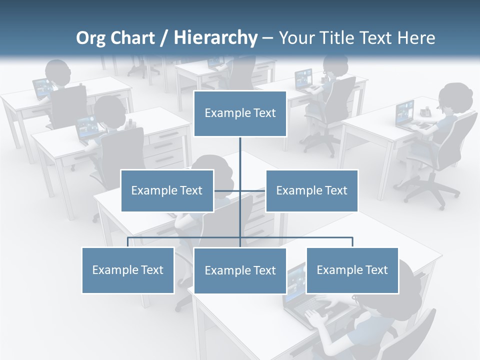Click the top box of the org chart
pyautogui.click(x=240, y=113)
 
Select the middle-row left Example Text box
pyautogui.click(x=167, y=190)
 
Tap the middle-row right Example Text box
pyautogui.click(x=311, y=190)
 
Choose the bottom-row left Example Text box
pyautogui.click(x=127, y=270)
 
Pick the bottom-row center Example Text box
pyautogui.click(x=240, y=270)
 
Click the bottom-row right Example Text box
pyautogui.click(x=352, y=270)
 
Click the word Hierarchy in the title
pyautogui.click(x=215, y=37)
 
